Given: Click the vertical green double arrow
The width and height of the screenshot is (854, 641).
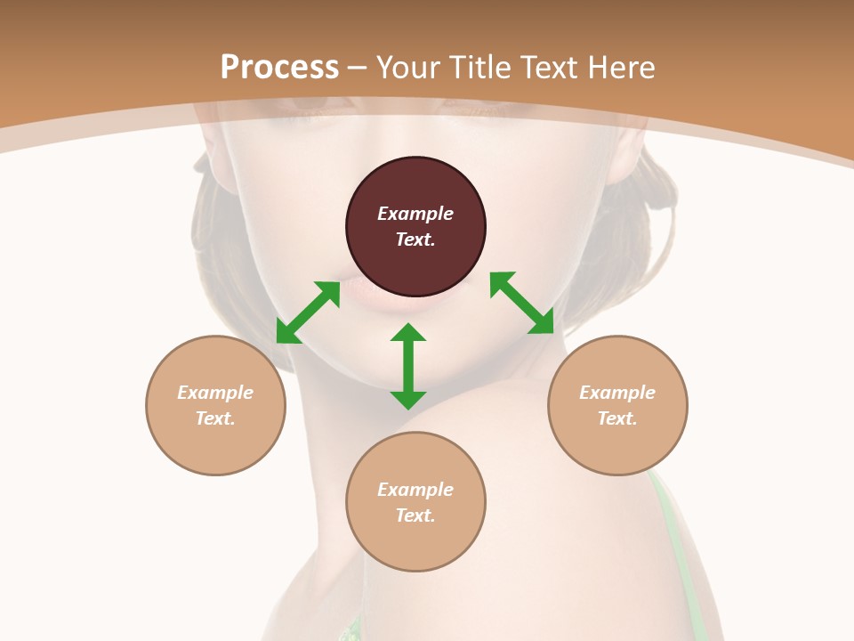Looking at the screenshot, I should (x=408, y=366).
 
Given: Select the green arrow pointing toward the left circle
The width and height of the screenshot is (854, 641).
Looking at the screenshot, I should (x=308, y=312).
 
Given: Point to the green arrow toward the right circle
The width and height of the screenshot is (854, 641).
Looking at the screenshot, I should (x=522, y=304).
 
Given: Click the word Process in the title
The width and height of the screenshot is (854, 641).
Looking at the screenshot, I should (x=279, y=67).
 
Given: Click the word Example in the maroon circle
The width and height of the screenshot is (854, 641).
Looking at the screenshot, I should (x=415, y=214).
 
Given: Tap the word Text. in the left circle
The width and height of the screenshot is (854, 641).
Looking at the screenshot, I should (x=215, y=418).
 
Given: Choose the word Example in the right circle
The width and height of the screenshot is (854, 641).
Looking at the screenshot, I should (x=617, y=393).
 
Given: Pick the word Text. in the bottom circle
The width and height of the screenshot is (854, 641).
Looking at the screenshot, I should (x=415, y=515).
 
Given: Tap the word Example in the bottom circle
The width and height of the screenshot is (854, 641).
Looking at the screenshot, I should (x=415, y=490).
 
